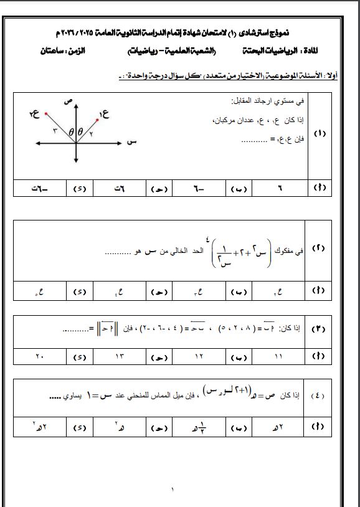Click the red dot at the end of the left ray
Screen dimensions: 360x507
(x=45, y=114)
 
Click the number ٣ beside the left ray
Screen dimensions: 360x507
(x=55, y=130)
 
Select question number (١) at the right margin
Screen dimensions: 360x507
(x=321, y=134)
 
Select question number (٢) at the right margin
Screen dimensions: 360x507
(x=321, y=249)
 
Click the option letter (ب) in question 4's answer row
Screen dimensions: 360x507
(x=240, y=429)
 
